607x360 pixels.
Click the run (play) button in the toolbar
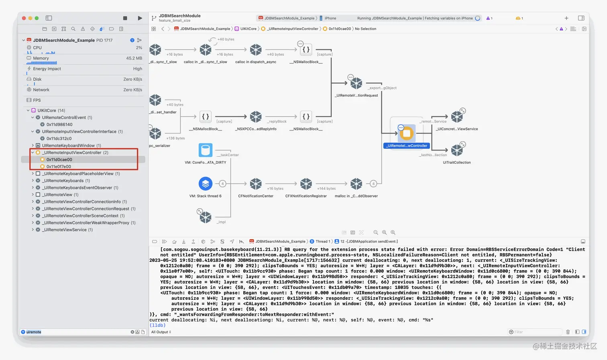pyautogui.click(x=140, y=18)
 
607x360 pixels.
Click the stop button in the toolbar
pyautogui.click(x=125, y=18)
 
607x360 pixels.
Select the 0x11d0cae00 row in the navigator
pyautogui.click(x=59, y=160)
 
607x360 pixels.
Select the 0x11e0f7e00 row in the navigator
pyautogui.click(x=59, y=167)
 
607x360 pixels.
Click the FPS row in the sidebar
pyautogui.click(x=37, y=100)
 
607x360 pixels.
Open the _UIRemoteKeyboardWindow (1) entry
pyautogui.click(x=71, y=146)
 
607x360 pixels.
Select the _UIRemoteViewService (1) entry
pyautogui.click(x=68, y=230)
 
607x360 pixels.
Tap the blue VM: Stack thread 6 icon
pyautogui.click(x=206, y=184)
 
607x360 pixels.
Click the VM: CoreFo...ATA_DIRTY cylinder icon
pyautogui.click(x=206, y=150)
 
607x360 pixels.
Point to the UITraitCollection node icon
pyautogui.click(x=457, y=151)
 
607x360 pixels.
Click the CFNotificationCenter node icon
pyautogui.click(x=256, y=184)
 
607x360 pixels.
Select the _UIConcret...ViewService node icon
pyautogui.click(x=457, y=117)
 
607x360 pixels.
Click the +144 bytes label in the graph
pyautogui.click(x=326, y=189)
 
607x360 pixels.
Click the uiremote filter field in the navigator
pyautogui.click(x=76, y=332)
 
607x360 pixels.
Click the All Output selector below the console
pyautogui.click(x=161, y=332)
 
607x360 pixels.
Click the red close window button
pyautogui.click(x=24, y=18)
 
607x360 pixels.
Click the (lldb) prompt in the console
pyautogui.click(x=157, y=325)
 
